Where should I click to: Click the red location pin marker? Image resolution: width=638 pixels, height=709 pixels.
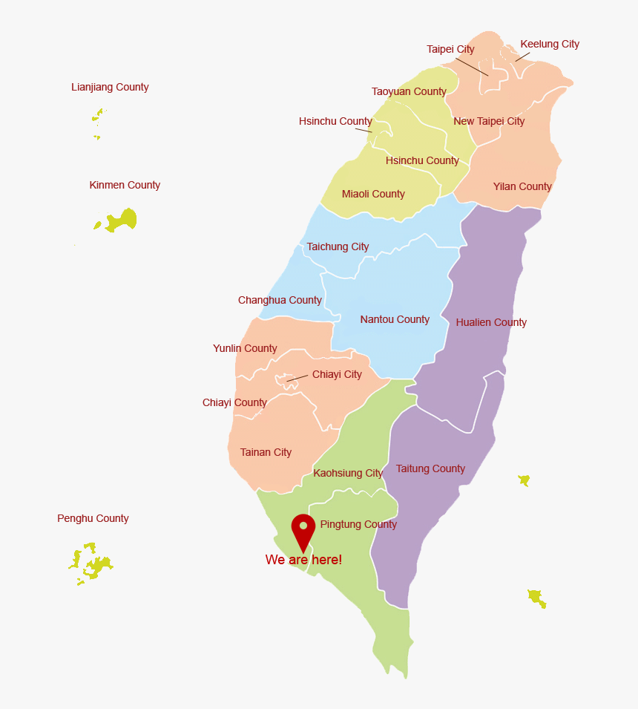303,529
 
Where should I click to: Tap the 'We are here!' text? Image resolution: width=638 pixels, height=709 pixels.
303,560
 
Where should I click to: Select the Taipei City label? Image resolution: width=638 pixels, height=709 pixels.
450,49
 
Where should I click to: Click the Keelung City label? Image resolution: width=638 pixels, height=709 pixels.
550,44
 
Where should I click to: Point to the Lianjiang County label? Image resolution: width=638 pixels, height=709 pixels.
110,87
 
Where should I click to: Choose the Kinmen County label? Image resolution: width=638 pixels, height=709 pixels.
125,185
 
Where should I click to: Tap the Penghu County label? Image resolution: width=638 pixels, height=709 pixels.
93,518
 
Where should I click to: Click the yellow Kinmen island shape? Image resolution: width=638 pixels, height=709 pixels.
122,220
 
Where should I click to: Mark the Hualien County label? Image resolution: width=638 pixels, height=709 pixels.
491,322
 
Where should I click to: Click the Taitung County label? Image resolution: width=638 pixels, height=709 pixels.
430,468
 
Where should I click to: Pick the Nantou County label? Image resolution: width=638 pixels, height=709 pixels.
395,319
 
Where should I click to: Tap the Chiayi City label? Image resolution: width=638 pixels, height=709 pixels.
337,374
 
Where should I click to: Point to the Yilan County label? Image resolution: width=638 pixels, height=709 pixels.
522,186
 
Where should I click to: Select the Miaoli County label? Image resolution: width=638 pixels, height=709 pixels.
373,194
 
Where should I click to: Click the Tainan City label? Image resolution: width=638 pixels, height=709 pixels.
266,452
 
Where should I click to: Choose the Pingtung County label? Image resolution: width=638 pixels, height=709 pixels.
358,524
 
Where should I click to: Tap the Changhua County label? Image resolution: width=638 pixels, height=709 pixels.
280,300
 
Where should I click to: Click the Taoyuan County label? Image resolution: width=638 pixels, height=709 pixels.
409,91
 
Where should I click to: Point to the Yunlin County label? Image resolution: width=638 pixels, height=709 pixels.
245,348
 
